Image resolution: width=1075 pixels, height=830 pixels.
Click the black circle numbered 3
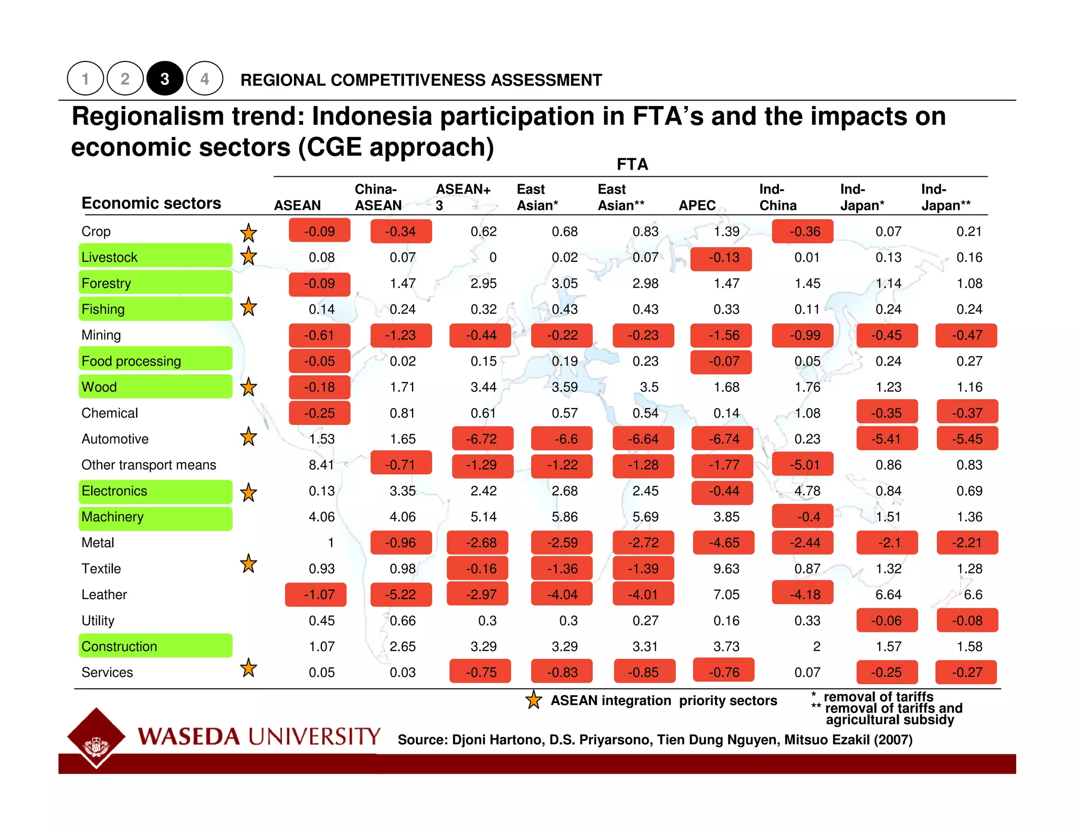point(165,79)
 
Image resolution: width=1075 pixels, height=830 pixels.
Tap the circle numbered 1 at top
point(85,79)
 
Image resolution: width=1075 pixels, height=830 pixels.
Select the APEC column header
point(697,205)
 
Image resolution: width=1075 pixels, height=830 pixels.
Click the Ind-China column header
point(777,197)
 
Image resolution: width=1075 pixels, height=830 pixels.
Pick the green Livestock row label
point(155,257)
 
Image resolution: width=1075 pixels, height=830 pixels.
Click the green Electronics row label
point(155,491)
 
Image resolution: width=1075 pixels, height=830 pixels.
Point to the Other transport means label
point(149,465)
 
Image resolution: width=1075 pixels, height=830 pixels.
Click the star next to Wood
point(248,387)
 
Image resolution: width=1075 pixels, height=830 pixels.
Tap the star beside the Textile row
point(248,564)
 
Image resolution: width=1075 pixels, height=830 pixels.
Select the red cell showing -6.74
point(723,439)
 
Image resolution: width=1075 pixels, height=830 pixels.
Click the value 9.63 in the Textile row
point(726,569)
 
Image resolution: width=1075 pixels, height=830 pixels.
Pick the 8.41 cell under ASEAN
point(321,465)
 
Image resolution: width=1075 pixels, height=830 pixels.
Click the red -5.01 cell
point(804,465)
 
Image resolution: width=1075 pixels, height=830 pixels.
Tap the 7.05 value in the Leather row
point(726,594)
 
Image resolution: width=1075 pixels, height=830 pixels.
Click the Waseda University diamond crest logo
point(96,737)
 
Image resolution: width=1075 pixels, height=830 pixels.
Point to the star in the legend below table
point(533,700)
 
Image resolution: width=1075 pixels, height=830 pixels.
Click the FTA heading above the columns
point(632,164)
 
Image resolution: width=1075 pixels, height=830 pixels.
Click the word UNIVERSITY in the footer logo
point(314,736)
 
